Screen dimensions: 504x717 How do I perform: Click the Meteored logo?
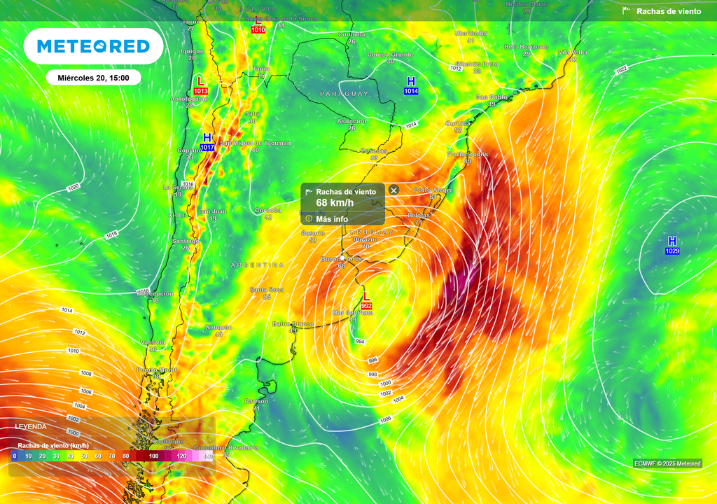(93, 46)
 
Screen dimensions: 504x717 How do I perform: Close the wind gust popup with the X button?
(394, 190)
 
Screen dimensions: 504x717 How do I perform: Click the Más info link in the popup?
(331, 219)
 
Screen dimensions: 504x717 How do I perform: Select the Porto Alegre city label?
(433, 190)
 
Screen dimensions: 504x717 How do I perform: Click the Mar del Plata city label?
(353, 312)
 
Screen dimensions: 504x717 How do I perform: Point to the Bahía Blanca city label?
(293, 324)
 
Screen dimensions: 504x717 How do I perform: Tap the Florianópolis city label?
(467, 153)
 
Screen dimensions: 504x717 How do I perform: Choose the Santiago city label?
(186, 240)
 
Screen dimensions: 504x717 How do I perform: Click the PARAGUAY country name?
(344, 94)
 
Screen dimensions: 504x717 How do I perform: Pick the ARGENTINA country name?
(258, 265)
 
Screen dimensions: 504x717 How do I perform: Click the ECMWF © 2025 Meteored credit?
(667, 463)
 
